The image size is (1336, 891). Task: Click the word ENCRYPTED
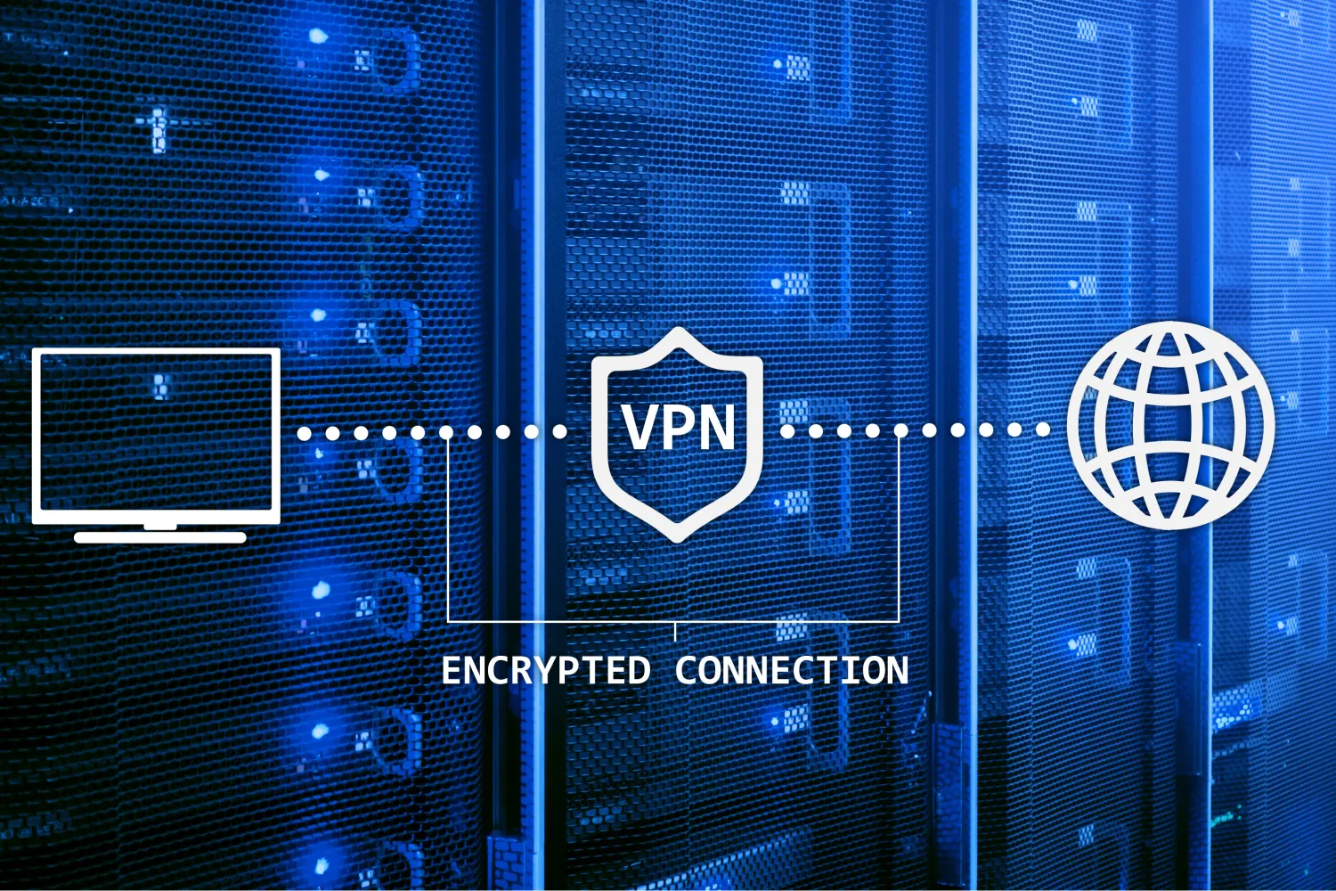point(545,670)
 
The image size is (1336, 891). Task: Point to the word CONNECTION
point(792,670)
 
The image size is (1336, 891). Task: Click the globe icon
point(1170,426)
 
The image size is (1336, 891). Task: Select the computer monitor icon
point(156,445)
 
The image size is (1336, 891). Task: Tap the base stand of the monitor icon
point(159,537)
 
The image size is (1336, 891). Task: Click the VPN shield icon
point(677,435)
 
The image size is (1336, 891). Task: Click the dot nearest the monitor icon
point(305,433)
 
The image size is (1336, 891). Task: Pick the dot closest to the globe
point(1043,429)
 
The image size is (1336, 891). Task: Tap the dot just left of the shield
point(560,431)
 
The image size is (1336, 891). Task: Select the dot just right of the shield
point(787,431)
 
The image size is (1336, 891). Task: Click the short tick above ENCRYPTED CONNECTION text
point(675,632)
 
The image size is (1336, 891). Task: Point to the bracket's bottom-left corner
point(448,622)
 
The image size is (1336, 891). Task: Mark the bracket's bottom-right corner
point(899,622)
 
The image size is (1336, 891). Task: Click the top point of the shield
point(678,327)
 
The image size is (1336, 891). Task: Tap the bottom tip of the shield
point(678,542)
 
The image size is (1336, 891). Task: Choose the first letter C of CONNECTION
point(687,670)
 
